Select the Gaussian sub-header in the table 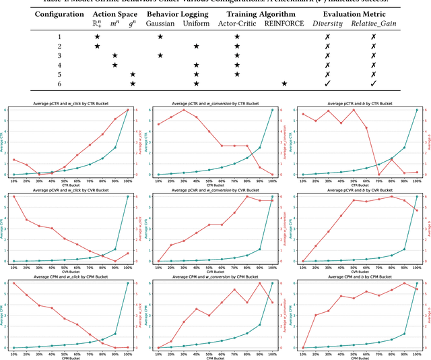(x=160, y=24)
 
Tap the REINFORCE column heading (x=284, y=24)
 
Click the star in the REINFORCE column (x=284, y=84)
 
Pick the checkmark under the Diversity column (x=327, y=84)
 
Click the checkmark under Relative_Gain (x=372, y=84)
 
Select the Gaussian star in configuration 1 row (x=160, y=36)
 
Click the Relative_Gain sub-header (x=372, y=24)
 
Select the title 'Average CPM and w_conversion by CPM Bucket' (x=216, y=276)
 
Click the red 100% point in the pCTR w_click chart (x=128, y=110)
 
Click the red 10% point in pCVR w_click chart (x=13, y=196)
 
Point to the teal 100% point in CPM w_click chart (x=128, y=282)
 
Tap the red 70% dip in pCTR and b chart (x=378, y=175)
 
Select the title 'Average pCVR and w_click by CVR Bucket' (x=72, y=190)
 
